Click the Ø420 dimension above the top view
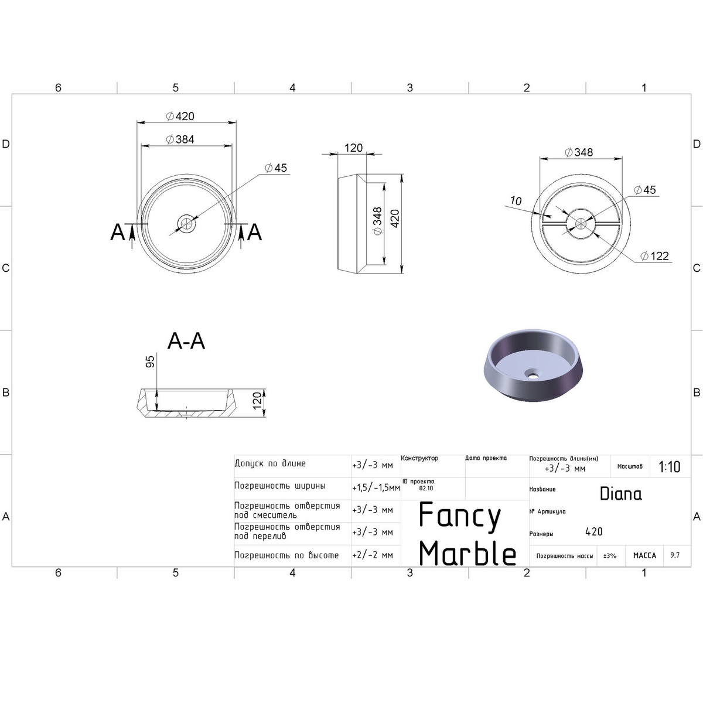180,117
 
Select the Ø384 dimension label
180,139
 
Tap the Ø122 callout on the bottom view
655,256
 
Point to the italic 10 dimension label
516,201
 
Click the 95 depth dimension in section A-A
150,361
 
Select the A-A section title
186,342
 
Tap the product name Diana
620,494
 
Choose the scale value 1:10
670,467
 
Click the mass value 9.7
675,555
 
